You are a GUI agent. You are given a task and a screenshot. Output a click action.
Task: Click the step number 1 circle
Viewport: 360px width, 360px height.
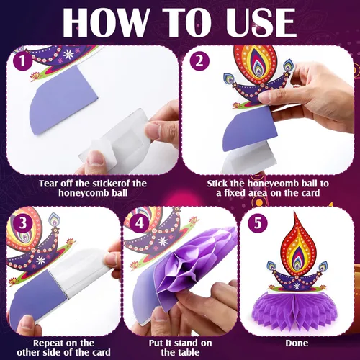tap(22, 61)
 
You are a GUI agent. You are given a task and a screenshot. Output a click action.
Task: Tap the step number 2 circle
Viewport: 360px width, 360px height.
tap(199, 61)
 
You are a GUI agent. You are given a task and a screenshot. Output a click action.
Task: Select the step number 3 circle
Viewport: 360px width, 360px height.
tap(22, 223)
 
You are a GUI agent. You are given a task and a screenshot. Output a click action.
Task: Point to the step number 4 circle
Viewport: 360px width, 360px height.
tap(139, 223)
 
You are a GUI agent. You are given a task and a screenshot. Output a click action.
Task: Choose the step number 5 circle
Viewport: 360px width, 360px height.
tap(258, 223)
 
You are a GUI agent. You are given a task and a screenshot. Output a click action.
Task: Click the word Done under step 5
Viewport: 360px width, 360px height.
tap(297, 343)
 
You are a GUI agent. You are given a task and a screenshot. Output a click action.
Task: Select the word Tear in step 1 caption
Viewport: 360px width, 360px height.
tap(49, 184)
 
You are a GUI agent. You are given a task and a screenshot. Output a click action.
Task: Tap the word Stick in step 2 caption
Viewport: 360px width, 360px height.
tap(217, 184)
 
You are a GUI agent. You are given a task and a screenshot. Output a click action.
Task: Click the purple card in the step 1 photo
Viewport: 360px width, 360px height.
tap(63, 101)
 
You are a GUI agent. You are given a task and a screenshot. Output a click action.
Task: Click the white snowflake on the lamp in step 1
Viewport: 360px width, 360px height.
tap(68, 55)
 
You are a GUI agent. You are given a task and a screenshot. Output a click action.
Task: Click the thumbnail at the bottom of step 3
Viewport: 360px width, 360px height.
tap(27, 324)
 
